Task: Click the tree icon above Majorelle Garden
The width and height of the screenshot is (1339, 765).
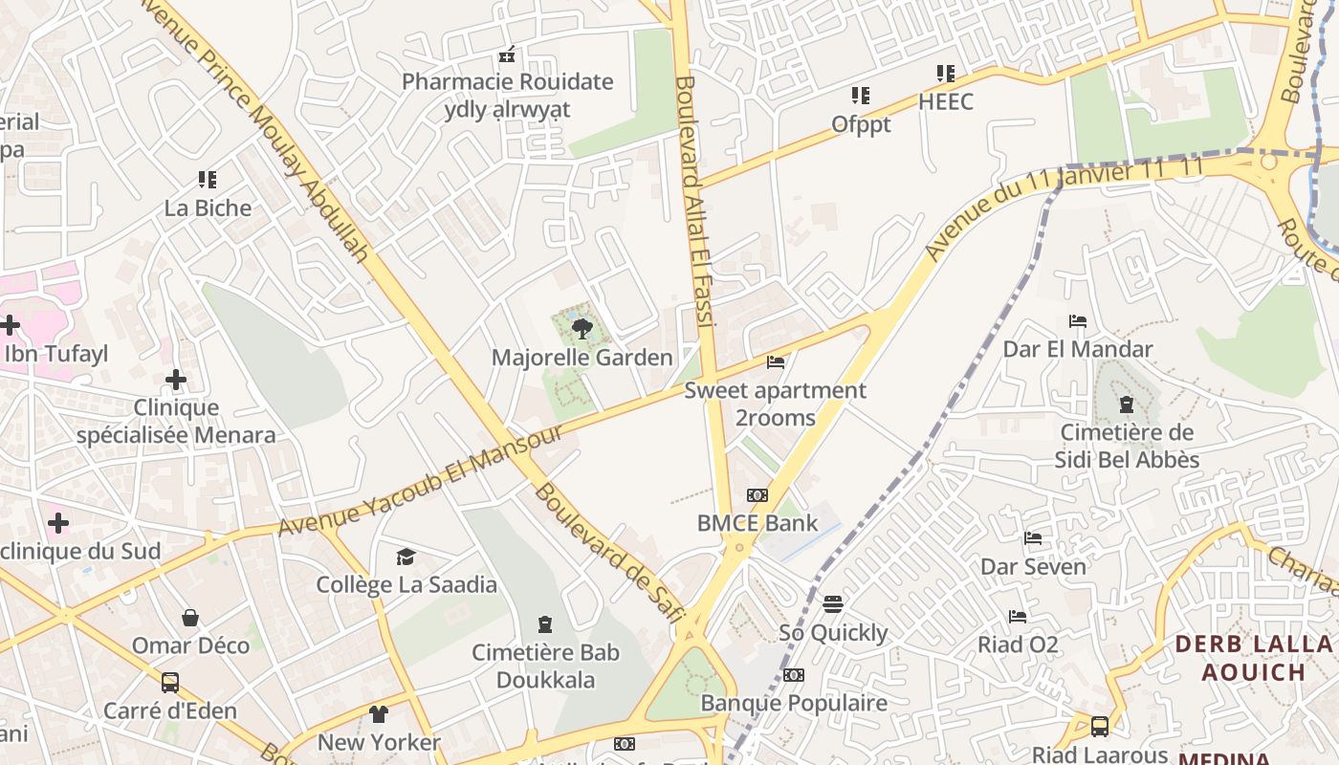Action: pyautogui.click(x=582, y=331)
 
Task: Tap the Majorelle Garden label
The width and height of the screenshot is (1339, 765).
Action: pyautogui.click(x=582, y=358)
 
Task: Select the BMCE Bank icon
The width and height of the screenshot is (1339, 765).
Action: pyautogui.click(x=757, y=495)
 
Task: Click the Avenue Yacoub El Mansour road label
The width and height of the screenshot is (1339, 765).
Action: pyautogui.click(x=421, y=481)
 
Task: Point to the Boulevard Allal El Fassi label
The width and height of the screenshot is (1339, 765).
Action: pyautogui.click(x=695, y=201)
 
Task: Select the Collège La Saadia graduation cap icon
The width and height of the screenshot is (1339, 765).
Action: pyautogui.click(x=406, y=557)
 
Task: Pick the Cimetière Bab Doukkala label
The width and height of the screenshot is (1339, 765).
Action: pyautogui.click(x=546, y=667)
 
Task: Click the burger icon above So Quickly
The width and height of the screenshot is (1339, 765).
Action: pyautogui.click(x=833, y=604)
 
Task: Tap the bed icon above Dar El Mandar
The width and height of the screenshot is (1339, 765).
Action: pyautogui.click(x=1078, y=321)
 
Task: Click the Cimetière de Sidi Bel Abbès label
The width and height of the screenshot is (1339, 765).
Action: pyautogui.click(x=1127, y=446)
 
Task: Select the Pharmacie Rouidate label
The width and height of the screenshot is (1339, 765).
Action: pyautogui.click(x=507, y=82)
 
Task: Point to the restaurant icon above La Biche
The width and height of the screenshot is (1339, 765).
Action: pyautogui.click(x=208, y=180)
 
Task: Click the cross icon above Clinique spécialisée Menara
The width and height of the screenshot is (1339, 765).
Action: pyautogui.click(x=176, y=381)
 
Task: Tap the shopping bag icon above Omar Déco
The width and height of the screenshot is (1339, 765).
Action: pyautogui.click(x=190, y=618)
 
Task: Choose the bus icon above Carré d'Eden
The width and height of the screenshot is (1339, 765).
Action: pyautogui.click(x=170, y=683)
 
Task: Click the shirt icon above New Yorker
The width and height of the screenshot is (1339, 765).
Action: pyautogui.click(x=379, y=714)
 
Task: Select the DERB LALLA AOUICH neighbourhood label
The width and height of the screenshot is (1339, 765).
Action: pyautogui.click(x=1253, y=657)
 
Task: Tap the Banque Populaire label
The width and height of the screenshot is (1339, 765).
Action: pyautogui.click(x=794, y=704)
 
